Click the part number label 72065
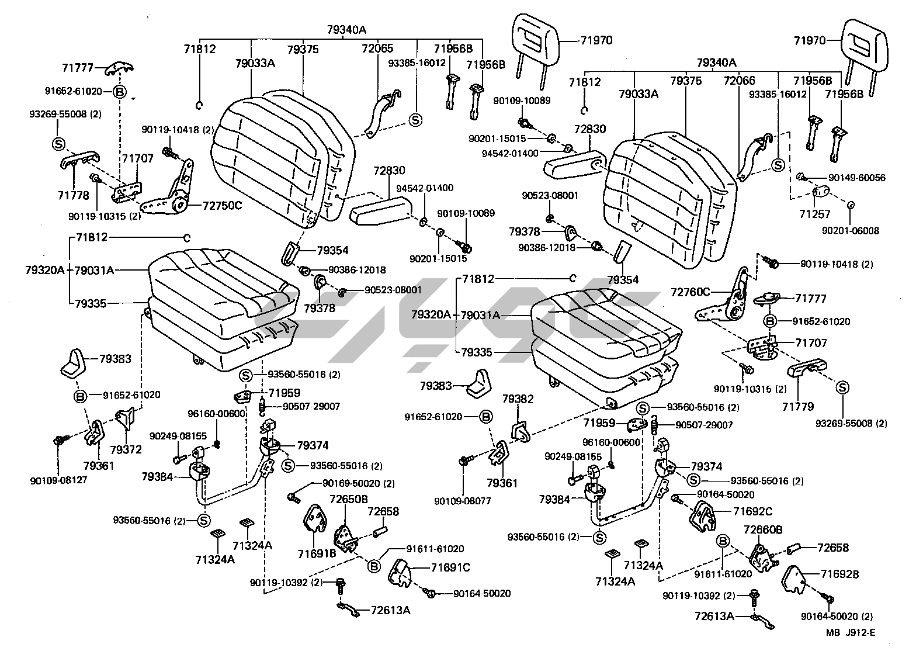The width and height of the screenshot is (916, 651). [377, 49]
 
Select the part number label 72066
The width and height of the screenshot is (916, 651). [739, 80]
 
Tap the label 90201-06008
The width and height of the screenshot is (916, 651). [850, 231]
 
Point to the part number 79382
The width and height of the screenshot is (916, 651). [518, 399]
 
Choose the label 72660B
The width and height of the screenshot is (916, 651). [762, 529]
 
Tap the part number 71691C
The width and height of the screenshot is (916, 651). [450, 567]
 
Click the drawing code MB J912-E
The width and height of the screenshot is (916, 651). [851, 633]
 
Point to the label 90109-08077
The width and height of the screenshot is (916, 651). [462, 501]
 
